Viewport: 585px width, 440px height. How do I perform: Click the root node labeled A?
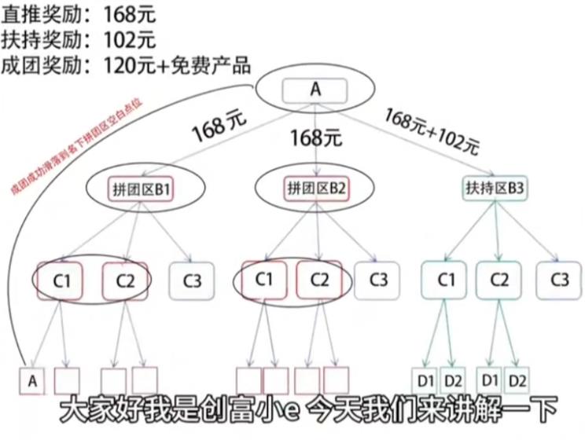(x=315, y=90)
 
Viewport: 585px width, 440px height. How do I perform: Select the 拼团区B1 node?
(x=140, y=188)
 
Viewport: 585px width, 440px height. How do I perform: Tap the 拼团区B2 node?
(x=315, y=188)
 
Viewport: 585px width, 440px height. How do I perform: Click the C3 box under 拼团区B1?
(x=191, y=279)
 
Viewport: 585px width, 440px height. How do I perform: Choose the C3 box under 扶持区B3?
(x=559, y=279)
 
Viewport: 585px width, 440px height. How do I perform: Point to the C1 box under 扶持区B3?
(x=445, y=279)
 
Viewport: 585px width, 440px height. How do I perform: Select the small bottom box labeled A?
(x=32, y=380)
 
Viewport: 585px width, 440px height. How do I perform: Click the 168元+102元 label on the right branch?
(x=432, y=129)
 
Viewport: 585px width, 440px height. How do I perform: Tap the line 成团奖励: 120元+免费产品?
(x=127, y=64)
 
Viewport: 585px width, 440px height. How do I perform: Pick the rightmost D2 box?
(x=517, y=380)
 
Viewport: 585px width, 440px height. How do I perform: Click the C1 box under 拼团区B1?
(x=61, y=279)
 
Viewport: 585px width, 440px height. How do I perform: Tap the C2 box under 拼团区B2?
(x=318, y=279)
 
